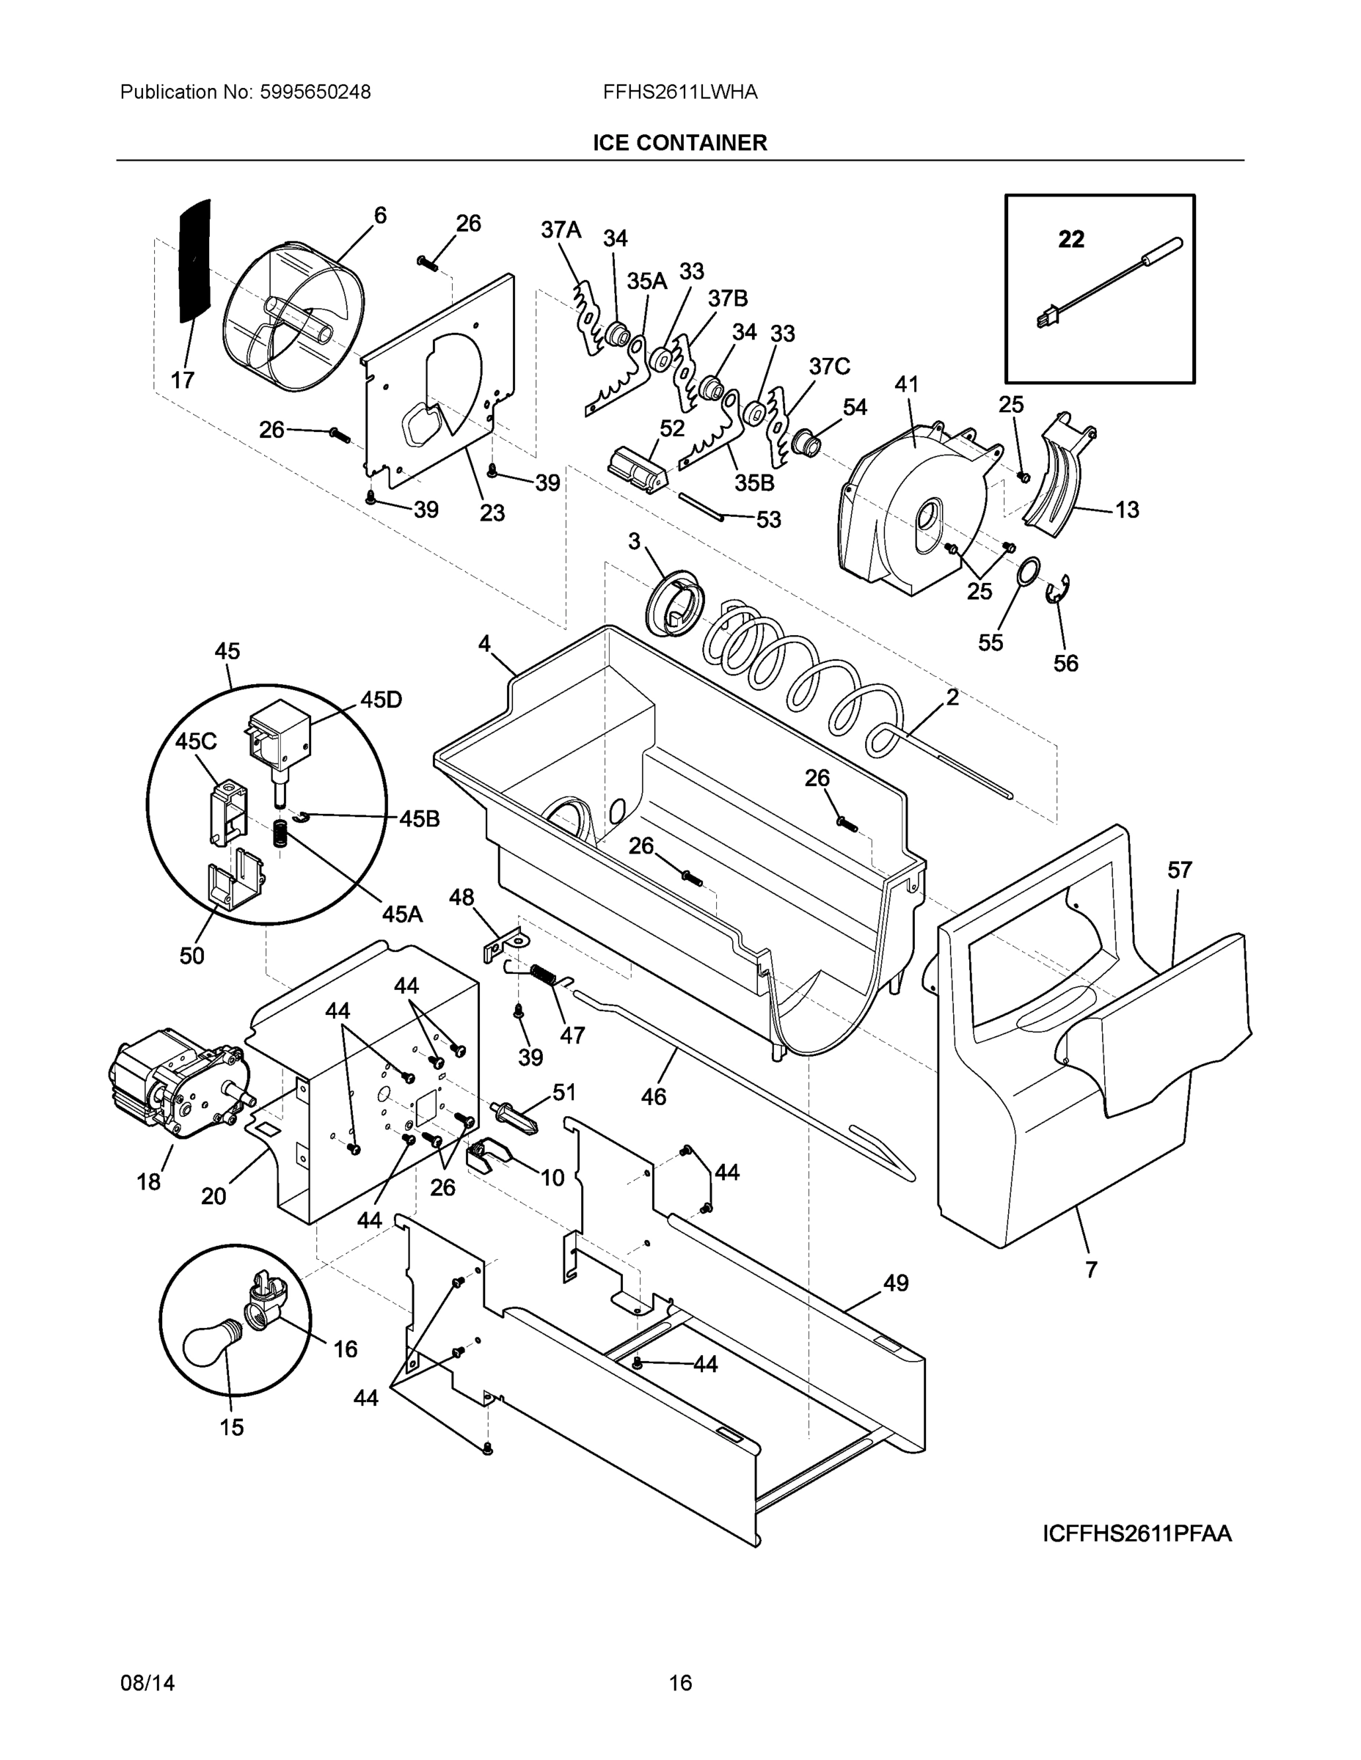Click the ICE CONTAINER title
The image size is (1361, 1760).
click(x=679, y=143)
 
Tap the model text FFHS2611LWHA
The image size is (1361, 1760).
click(x=679, y=92)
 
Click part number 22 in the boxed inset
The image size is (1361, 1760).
click(x=1070, y=239)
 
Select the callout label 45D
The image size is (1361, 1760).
click(x=381, y=700)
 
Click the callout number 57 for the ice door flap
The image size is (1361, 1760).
click(x=1180, y=870)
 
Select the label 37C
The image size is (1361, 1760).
click(x=829, y=367)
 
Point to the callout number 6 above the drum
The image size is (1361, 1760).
click(x=380, y=215)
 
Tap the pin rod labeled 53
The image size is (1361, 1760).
click(x=702, y=507)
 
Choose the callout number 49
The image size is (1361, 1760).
click(x=895, y=1283)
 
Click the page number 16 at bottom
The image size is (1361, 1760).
click(x=679, y=1683)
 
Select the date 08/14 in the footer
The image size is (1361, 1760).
click(x=147, y=1683)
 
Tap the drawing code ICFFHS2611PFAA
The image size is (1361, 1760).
click(x=1136, y=1533)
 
